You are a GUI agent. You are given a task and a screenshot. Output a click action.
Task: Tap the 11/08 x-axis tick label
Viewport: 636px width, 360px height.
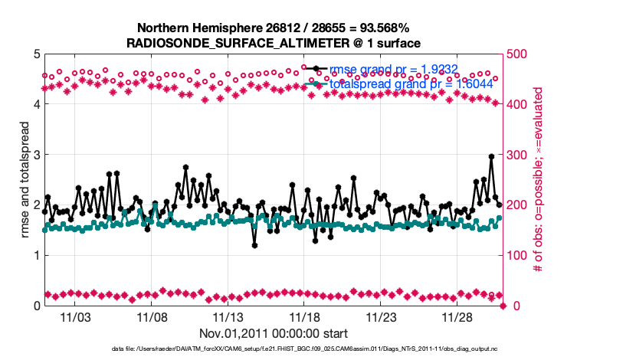(x=152, y=317)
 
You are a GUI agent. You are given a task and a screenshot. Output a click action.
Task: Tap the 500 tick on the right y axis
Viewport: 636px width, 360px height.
(x=520, y=54)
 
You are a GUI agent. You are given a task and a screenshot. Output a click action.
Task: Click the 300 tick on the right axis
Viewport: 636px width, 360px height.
(x=520, y=155)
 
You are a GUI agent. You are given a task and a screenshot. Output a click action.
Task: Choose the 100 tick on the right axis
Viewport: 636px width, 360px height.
(x=520, y=256)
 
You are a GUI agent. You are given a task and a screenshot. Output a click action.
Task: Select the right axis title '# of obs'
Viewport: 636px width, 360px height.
(x=539, y=180)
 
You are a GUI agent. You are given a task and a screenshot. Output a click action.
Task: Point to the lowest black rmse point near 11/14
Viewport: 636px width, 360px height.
(x=254, y=245)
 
